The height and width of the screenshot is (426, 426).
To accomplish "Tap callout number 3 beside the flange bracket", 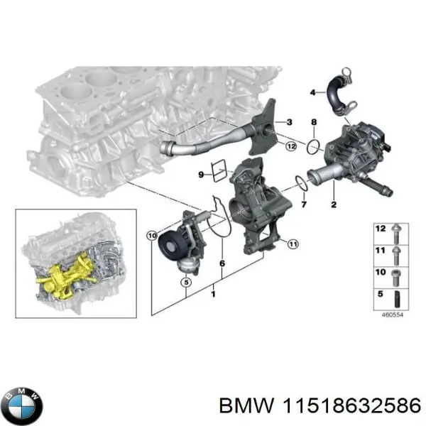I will [289, 123].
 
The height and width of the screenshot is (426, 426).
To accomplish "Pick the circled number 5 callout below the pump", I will [186, 282].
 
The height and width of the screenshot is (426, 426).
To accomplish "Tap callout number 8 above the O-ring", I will [313, 124].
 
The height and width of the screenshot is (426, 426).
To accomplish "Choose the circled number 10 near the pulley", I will [151, 236].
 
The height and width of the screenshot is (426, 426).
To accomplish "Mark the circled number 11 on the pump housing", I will [291, 245].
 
